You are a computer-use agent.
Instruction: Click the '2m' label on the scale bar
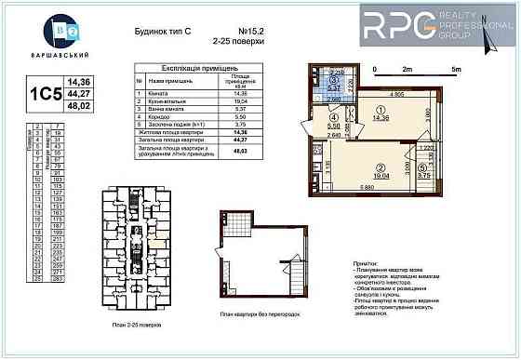click(x=407, y=69)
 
